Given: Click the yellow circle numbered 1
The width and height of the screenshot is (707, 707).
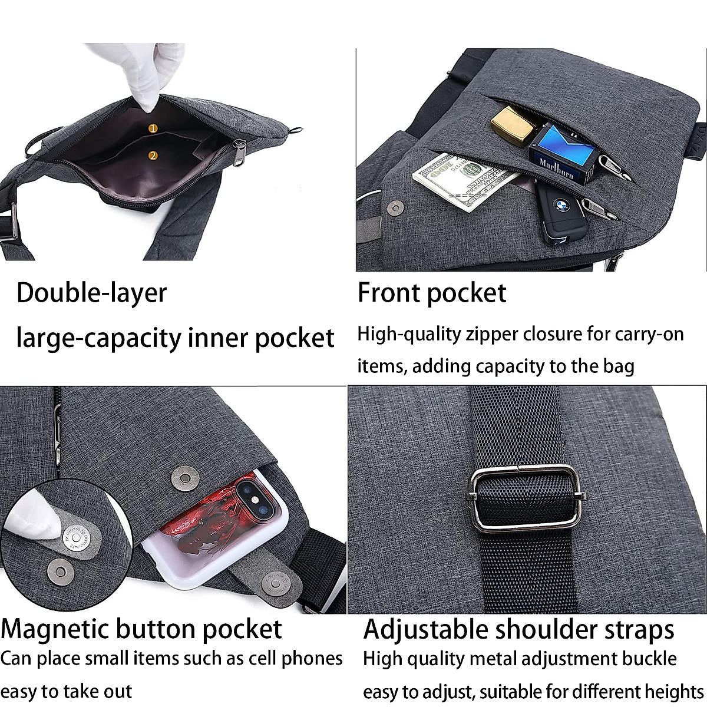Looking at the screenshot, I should pyautogui.click(x=153, y=128).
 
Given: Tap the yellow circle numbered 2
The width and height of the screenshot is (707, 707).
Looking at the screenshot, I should pyautogui.click(x=153, y=156).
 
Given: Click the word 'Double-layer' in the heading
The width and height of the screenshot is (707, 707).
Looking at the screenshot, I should pyautogui.click(x=91, y=293).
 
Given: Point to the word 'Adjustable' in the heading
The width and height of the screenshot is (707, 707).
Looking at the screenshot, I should pyautogui.click(x=425, y=629).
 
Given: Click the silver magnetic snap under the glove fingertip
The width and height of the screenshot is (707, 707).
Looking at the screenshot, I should pyautogui.click(x=75, y=537).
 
